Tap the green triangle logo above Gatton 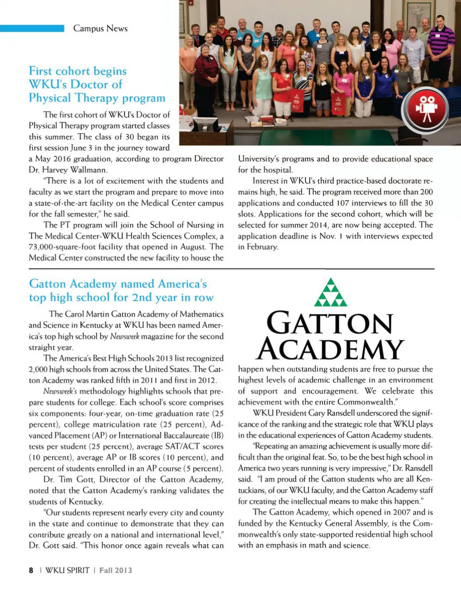pos(330,293)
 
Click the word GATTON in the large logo pos(330,324)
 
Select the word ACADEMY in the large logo pos(330,349)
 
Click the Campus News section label pos(100,28)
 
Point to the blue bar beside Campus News pos(32,28)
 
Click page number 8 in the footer pos(31,570)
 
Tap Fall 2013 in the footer pos(116,570)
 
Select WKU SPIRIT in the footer pos(67,570)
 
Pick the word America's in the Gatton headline pos(182,284)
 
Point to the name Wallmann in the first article pos(89,170)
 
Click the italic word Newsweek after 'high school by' pos(124,337)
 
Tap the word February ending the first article pos(262,247)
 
